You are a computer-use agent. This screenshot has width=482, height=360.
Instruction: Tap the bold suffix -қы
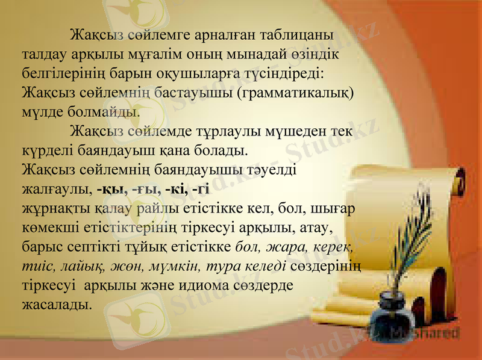point(110,190)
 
